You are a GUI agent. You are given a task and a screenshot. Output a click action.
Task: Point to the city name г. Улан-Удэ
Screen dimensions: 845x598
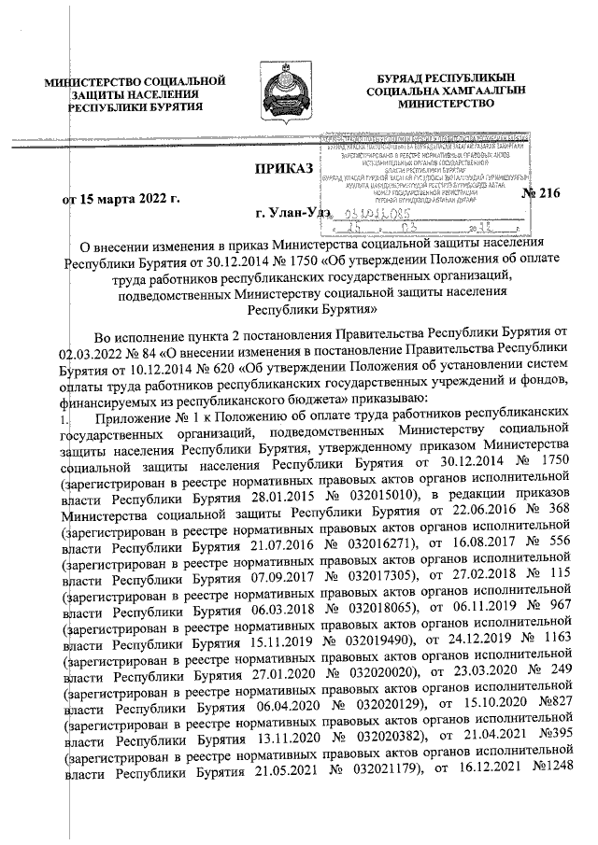point(294,214)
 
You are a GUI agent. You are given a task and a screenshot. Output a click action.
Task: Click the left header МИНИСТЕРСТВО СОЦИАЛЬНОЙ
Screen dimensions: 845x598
point(136,83)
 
